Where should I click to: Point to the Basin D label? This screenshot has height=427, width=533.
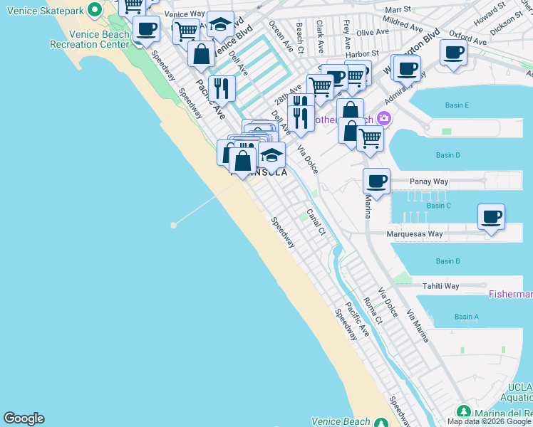[448, 155]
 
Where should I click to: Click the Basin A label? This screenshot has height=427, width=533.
[467, 317]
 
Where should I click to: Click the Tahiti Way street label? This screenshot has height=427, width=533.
[441, 286]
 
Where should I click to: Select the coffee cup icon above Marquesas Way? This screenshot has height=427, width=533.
[490, 216]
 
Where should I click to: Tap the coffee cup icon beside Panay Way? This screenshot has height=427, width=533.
[376, 181]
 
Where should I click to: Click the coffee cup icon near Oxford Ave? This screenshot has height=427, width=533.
[453, 52]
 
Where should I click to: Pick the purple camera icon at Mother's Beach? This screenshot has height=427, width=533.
[385, 118]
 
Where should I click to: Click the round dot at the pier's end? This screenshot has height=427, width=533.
[173, 225]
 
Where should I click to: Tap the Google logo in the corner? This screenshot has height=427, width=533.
[24, 418]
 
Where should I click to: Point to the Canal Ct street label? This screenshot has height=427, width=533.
[316, 221]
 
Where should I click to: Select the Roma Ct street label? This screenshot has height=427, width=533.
[373, 311]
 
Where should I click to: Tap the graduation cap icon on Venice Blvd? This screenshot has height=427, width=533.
[220, 23]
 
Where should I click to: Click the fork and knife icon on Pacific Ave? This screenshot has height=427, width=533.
[222, 88]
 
